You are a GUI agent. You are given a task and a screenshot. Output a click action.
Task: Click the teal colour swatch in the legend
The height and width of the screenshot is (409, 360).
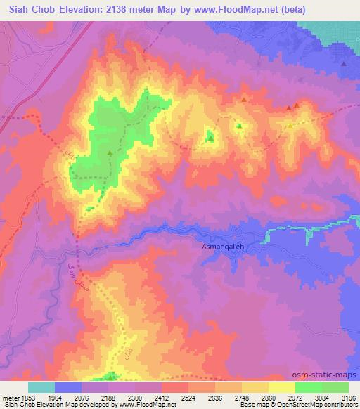41,387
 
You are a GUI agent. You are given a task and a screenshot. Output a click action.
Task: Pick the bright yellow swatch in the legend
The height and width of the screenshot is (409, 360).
282,387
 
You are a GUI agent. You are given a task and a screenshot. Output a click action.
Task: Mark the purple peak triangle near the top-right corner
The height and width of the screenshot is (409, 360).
343,64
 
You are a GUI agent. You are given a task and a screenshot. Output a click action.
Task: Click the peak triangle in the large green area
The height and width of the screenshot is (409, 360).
110,153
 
